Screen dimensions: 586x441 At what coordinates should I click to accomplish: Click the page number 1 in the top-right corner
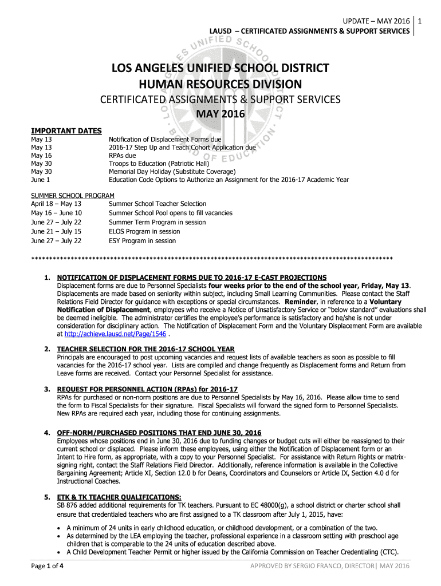(x=420, y=21)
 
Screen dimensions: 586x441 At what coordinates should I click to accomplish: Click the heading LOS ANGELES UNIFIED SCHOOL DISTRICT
(x=220, y=69)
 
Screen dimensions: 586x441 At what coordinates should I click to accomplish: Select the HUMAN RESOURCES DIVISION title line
(x=220, y=84)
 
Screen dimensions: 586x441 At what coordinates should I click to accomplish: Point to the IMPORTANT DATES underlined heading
(x=66, y=131)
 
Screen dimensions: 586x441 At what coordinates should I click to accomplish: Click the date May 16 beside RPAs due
(x=41, y=155)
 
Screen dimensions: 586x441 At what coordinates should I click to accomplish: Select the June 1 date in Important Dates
(x=40, y=180)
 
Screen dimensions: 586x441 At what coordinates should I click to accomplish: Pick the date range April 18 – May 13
(x=56, y=204)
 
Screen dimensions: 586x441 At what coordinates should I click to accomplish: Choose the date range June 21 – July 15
(x=56, y=231)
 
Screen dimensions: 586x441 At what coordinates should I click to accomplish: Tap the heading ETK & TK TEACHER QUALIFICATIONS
(x=119, y=497)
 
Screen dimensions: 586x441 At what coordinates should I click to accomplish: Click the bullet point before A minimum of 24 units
(x=60, y=528)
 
